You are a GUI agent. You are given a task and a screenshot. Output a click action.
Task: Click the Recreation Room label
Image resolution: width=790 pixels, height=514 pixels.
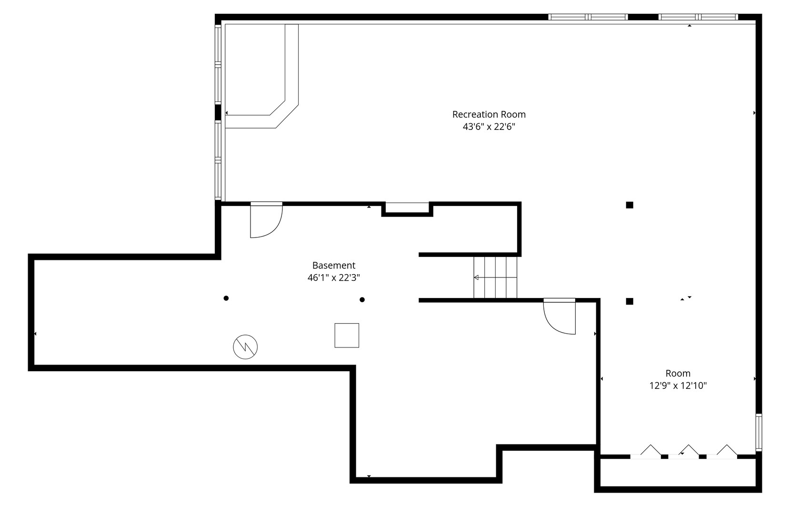point(489,115)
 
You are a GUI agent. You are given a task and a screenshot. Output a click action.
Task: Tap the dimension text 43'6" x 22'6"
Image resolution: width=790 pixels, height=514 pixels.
point(489,127)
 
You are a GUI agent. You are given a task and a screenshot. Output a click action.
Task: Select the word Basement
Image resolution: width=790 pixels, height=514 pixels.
point(333,266)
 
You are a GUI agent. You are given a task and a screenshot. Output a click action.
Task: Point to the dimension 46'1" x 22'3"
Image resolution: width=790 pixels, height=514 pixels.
point(333,278)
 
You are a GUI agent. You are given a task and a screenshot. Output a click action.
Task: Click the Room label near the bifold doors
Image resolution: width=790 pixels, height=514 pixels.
point(678,374)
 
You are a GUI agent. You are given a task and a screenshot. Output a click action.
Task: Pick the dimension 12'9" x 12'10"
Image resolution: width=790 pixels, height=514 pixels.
point(678,386)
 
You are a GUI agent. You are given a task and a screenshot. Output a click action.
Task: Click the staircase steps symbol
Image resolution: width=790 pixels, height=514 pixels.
point(495,277)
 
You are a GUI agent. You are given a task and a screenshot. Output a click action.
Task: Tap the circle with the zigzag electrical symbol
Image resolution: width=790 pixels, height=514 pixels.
point(245,347)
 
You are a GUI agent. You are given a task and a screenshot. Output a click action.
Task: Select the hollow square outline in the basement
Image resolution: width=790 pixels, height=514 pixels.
point(347,336)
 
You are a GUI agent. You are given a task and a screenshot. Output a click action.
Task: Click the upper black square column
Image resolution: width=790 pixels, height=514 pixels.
point(630,205)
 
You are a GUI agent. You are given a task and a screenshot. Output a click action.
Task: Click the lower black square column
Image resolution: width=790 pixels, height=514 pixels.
point(630,301)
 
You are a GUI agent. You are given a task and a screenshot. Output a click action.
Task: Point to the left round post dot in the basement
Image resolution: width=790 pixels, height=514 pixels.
point(226,298)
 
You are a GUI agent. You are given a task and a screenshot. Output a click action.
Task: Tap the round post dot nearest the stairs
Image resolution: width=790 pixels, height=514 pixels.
point(362,299)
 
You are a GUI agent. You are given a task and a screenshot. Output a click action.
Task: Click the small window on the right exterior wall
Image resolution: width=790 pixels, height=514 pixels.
point(759,433)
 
